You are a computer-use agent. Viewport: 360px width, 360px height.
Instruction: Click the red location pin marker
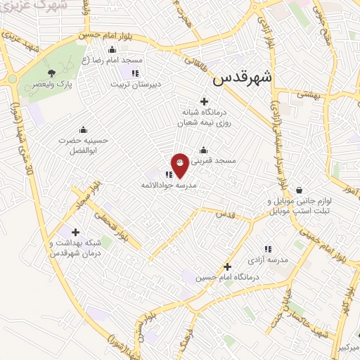tap(180, 165)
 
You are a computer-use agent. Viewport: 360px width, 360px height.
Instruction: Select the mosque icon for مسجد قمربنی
tap(204, 150)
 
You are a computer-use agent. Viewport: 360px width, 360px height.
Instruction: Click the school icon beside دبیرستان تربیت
tap(135, 72)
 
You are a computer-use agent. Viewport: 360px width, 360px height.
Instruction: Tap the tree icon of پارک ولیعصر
tap(51, 72)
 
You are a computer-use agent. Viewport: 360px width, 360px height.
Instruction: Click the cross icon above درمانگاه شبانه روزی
tap(204, 102)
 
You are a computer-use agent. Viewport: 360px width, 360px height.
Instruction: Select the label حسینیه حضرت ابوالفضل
tap(84, 145)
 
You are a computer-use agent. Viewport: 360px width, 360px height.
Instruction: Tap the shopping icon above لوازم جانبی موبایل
tap(300, 190)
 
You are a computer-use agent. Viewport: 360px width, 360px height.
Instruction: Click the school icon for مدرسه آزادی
tap(267, 249)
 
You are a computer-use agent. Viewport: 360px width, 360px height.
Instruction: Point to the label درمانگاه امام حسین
tap(228, 278)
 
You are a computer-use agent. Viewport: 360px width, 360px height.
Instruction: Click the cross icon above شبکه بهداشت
tap(75, 232)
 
